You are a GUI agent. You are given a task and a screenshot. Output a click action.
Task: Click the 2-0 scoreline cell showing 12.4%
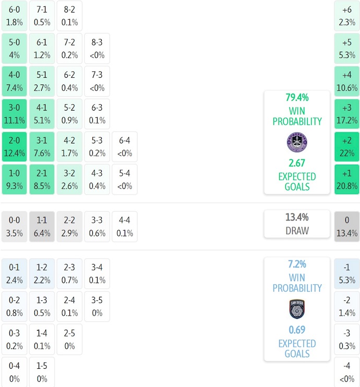click(15, 147)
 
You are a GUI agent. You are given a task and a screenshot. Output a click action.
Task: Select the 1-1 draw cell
click(42, 226)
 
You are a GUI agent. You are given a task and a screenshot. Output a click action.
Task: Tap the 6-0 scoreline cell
click(15, 16)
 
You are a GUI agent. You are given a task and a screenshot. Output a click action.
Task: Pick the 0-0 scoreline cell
click(15, 226)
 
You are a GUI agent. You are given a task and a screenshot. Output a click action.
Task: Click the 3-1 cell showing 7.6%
click(42, 147)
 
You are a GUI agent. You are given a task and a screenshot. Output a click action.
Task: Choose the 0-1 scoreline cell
click(15, 273)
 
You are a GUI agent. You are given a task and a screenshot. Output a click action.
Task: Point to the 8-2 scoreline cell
click(69, 16)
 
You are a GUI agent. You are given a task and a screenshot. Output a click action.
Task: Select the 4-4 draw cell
click(124, 226)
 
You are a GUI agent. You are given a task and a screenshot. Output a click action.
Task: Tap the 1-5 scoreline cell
click(42, 372)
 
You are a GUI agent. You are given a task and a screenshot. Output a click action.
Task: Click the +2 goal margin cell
click(347, 147)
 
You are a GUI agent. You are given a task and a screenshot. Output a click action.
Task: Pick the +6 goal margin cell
click(347, 16)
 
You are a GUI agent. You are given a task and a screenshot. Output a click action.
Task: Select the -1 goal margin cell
click(347, 273)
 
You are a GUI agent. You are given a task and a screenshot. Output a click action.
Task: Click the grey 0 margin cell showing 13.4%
click(347, 226)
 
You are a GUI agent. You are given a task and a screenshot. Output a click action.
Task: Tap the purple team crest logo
click(297, 141)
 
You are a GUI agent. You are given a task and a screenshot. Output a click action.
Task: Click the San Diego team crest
click(297, 309)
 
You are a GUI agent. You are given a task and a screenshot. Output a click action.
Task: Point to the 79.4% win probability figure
click(297, 97)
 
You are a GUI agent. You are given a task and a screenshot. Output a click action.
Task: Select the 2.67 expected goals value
click(297, 163)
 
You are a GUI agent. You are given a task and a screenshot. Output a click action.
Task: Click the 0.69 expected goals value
click(297, 330)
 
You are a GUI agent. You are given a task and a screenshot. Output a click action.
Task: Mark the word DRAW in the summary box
click(297, 231)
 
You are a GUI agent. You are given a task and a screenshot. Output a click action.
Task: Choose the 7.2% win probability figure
click(297, 264)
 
